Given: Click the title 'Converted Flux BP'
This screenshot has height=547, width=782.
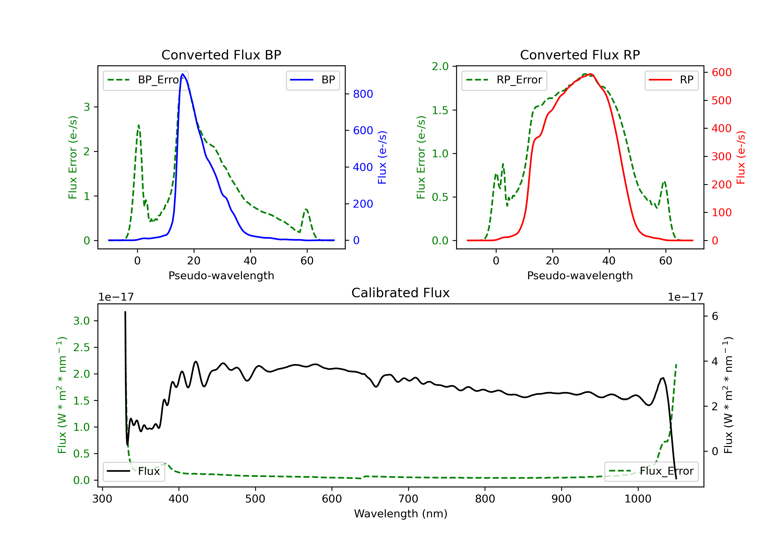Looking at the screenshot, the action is coord(221,55).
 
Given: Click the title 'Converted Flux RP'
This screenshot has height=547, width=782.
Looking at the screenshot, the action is coord(580,55).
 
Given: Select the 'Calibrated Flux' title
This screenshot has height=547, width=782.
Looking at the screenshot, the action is coord(401,293).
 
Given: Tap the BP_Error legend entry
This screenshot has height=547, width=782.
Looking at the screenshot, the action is coord(146,80).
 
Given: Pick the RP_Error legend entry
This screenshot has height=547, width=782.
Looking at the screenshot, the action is coord(504,80).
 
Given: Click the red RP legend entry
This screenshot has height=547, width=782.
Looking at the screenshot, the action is coord(671,80).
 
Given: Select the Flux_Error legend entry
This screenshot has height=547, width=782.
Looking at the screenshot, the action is coord(651,471).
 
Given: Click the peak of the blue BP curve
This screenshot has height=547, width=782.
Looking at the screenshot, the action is coord(182,74).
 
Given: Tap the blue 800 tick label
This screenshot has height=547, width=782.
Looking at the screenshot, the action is coord(363,94).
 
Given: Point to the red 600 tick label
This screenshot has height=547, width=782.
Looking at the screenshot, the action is coord(722,72).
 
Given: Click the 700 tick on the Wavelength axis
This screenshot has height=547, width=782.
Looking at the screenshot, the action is coord(408,499).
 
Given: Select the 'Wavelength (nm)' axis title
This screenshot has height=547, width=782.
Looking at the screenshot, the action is coord(401,514).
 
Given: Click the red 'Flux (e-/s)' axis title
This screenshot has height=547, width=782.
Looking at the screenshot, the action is coord(741,157).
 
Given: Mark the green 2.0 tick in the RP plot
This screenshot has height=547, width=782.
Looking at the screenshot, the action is coord(440,67).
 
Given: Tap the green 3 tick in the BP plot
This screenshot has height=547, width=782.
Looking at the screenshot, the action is coord(87,107).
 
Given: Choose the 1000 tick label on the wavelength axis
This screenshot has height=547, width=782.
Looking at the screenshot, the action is coord(638,499).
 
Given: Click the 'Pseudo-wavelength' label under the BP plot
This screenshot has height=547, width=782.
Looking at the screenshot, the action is coord(221,275).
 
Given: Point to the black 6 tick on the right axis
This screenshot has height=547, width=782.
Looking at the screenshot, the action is coord(715,316).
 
